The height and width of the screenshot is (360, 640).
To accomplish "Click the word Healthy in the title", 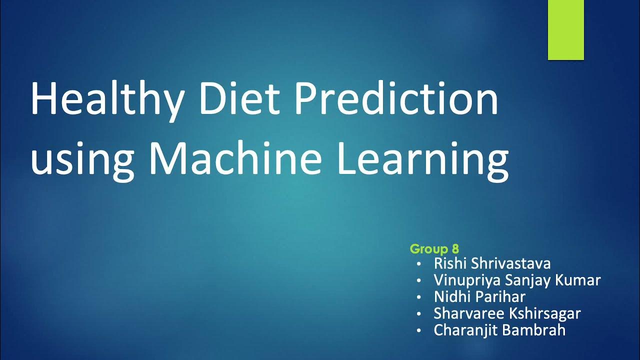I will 106,100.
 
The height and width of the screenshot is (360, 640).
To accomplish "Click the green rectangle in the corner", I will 566,30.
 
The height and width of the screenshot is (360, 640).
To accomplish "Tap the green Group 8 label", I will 434,248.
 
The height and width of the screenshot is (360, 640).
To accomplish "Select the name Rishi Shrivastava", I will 492,263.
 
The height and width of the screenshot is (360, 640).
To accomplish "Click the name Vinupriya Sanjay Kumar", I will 517,280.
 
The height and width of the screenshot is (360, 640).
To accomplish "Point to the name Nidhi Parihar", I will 479,296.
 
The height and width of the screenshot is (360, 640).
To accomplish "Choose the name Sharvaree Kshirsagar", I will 507,313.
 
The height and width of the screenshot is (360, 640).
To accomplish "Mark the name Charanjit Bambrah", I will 500,330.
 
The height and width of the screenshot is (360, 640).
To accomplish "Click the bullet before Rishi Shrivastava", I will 418,263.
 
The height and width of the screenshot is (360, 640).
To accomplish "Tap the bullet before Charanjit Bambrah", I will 418,330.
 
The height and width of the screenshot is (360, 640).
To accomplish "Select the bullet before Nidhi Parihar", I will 418,297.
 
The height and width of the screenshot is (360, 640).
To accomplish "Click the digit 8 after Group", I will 455,248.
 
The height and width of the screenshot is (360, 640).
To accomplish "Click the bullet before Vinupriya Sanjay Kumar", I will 418,280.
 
